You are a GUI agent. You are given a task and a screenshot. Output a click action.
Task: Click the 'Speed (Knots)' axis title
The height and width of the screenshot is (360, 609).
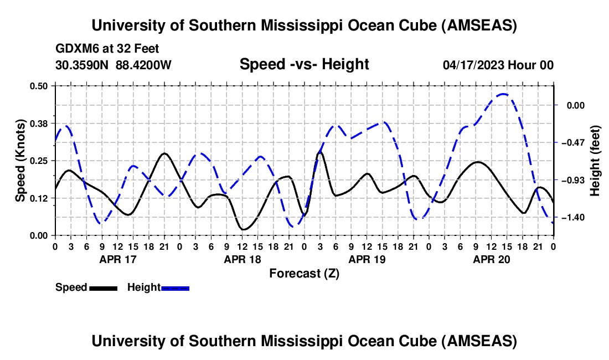(20, 161)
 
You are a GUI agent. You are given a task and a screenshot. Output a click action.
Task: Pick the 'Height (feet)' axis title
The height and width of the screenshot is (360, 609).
(595, 161)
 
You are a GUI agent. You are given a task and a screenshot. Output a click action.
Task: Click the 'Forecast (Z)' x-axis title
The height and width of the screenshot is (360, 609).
(304, 273)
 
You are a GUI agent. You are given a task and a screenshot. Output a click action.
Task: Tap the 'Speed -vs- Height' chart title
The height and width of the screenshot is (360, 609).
(304, 65)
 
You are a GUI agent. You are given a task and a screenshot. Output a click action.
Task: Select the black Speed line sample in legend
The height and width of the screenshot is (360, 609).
(102, 287)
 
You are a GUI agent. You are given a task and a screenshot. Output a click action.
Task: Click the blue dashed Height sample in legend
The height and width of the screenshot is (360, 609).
(175, 287)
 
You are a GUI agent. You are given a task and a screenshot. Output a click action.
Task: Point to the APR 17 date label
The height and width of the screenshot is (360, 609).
(117, 259)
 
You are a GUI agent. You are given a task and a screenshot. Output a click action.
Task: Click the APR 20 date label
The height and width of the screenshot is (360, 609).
(491, 259)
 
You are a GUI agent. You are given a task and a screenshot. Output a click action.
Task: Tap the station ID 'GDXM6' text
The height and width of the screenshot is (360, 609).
(75, 49)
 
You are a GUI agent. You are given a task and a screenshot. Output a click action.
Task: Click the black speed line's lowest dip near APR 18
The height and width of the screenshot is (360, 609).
(242, 229)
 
